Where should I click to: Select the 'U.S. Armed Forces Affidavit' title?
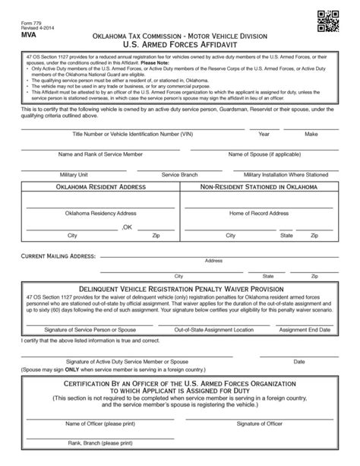(x=180, y=46)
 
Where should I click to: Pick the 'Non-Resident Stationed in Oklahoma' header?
(x=259, y=186)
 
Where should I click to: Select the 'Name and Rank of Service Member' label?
(x=100, y=154)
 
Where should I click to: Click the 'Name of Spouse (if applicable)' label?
(x=259, y=154)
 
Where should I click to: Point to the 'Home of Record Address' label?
(x=259, y=214)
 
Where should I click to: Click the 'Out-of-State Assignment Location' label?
(x=213, y=331)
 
